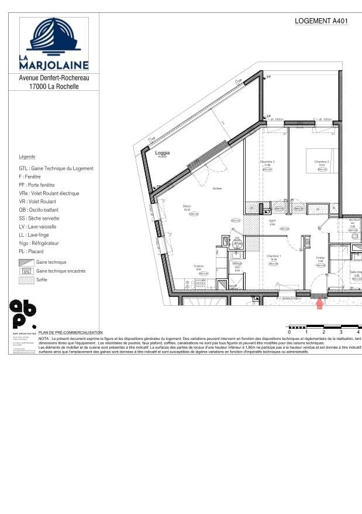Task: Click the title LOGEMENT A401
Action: pyautogui.click(x=321, y=21)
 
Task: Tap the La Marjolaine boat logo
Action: pyautogui.click(x=54, y=37)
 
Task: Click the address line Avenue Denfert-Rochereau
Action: pyautogui.click(x=54, y=77)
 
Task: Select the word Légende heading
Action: pyautogui.click(x=27, y=157)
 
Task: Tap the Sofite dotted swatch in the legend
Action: pyautogui.click(x=26, y=280)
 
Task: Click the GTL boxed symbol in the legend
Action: pyautogui.click(x=26, y=271)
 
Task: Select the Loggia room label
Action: pyautogui.click(x=162, y=154)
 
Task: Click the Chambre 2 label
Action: pyautogui.click(x=322, y=162)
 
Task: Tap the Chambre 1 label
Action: pyautogui.click(x=274, y=256)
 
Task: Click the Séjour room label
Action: pyautogui.click(x=187, y=206)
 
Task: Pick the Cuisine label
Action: pyautogui.click(x=198, y=266)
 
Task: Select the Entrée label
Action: pyautogui.click(x=320, y=258)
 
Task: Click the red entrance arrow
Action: pyautogui.click(x=320, y=304)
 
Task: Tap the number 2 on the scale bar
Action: pyautogui.click(x=323, y=332)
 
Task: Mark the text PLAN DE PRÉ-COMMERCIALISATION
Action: pyautogui.click(x=70, y=332)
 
